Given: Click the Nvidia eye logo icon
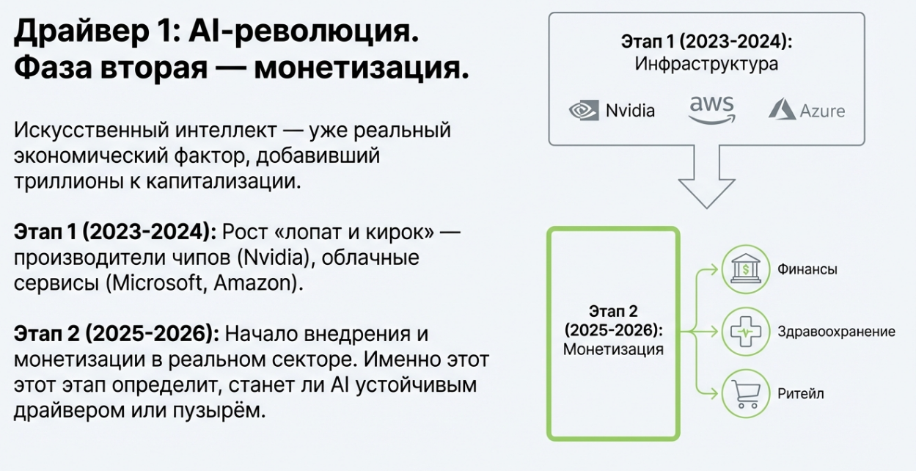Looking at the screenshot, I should point(584,111).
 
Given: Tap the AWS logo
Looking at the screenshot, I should point(711,110).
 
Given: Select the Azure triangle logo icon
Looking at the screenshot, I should point(782,110).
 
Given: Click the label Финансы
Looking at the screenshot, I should point(807,269).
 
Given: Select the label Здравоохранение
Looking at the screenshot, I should point(836,332).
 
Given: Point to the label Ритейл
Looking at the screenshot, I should point(801,394).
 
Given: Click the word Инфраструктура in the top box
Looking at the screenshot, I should point(706,65).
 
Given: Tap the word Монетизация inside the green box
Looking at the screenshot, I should point(613,349).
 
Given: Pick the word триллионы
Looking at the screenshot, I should point(56,182).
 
